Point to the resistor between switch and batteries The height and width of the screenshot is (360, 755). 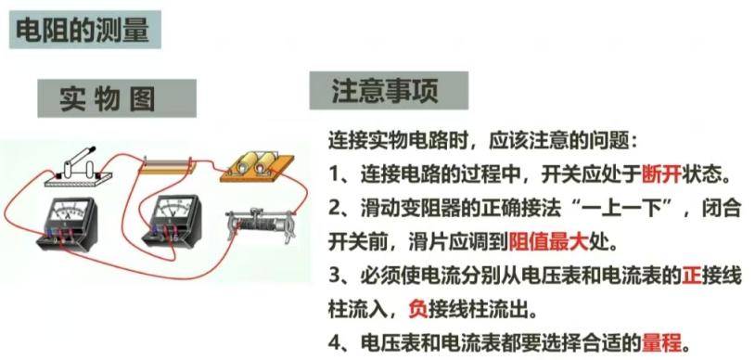[x=165, y=165]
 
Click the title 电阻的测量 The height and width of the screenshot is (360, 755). [x=83, y=30]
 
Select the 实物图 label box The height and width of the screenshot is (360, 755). [x=117, y=98]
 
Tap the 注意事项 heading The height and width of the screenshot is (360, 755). [x=388, y=91]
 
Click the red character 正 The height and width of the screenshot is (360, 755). [x=692, y=276]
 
